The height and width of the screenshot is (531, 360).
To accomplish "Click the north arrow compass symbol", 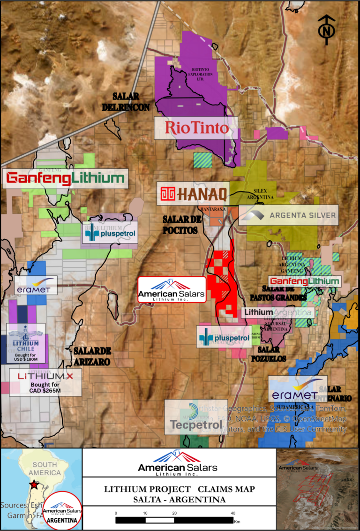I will tap(326, 30).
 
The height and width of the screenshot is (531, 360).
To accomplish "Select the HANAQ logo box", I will tap(194, 194).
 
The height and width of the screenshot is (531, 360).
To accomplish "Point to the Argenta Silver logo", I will tap(288, 215).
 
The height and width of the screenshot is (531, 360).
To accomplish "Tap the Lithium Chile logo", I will tap(26, 340).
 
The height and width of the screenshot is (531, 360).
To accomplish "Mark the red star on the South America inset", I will tap(34, 484).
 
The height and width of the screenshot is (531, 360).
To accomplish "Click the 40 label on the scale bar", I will tap(233, 513).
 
